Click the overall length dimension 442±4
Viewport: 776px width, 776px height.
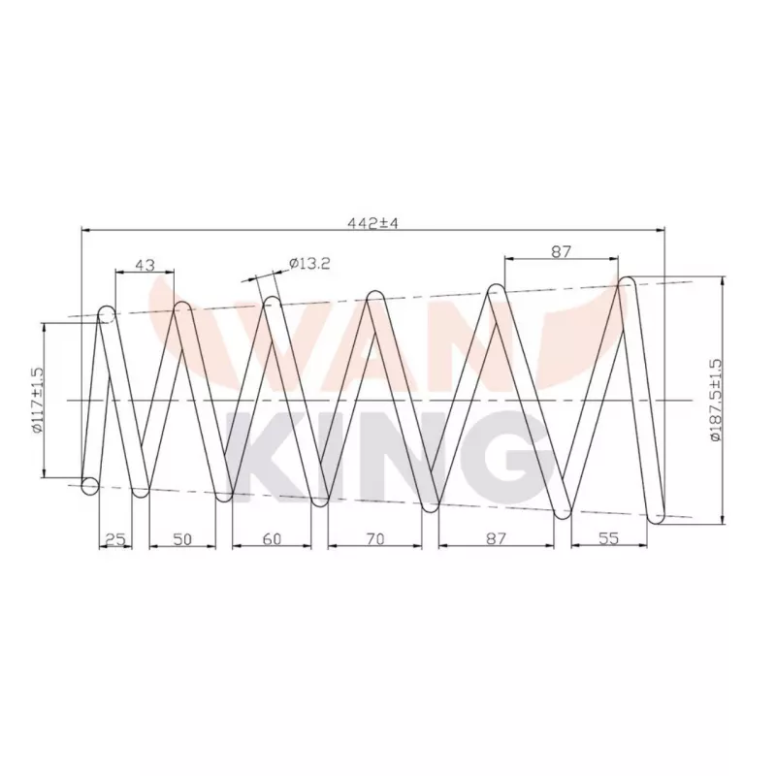point(373,223)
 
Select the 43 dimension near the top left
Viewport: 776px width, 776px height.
point(145,264)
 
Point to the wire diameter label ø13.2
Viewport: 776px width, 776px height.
point(310,262)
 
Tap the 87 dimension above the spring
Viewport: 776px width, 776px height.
point(560,251)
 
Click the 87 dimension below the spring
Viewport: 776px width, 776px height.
point(496,539)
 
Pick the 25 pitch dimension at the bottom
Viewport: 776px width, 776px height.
point(115,539)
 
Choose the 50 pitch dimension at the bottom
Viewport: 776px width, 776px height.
point(181,539)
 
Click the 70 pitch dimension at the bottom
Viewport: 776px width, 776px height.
point(373,539)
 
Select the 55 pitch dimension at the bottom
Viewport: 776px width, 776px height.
point(608,539)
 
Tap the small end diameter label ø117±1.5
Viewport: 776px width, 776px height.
point(37,399)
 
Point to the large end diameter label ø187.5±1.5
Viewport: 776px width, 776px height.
point(715,400)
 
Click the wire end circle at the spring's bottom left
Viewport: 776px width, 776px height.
point(90,485)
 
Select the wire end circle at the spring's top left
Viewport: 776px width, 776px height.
point(107,314)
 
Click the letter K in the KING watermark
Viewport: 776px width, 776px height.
point(260,451)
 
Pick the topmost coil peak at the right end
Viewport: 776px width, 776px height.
point(628,283)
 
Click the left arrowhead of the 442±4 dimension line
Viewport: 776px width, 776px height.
point(85,231)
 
